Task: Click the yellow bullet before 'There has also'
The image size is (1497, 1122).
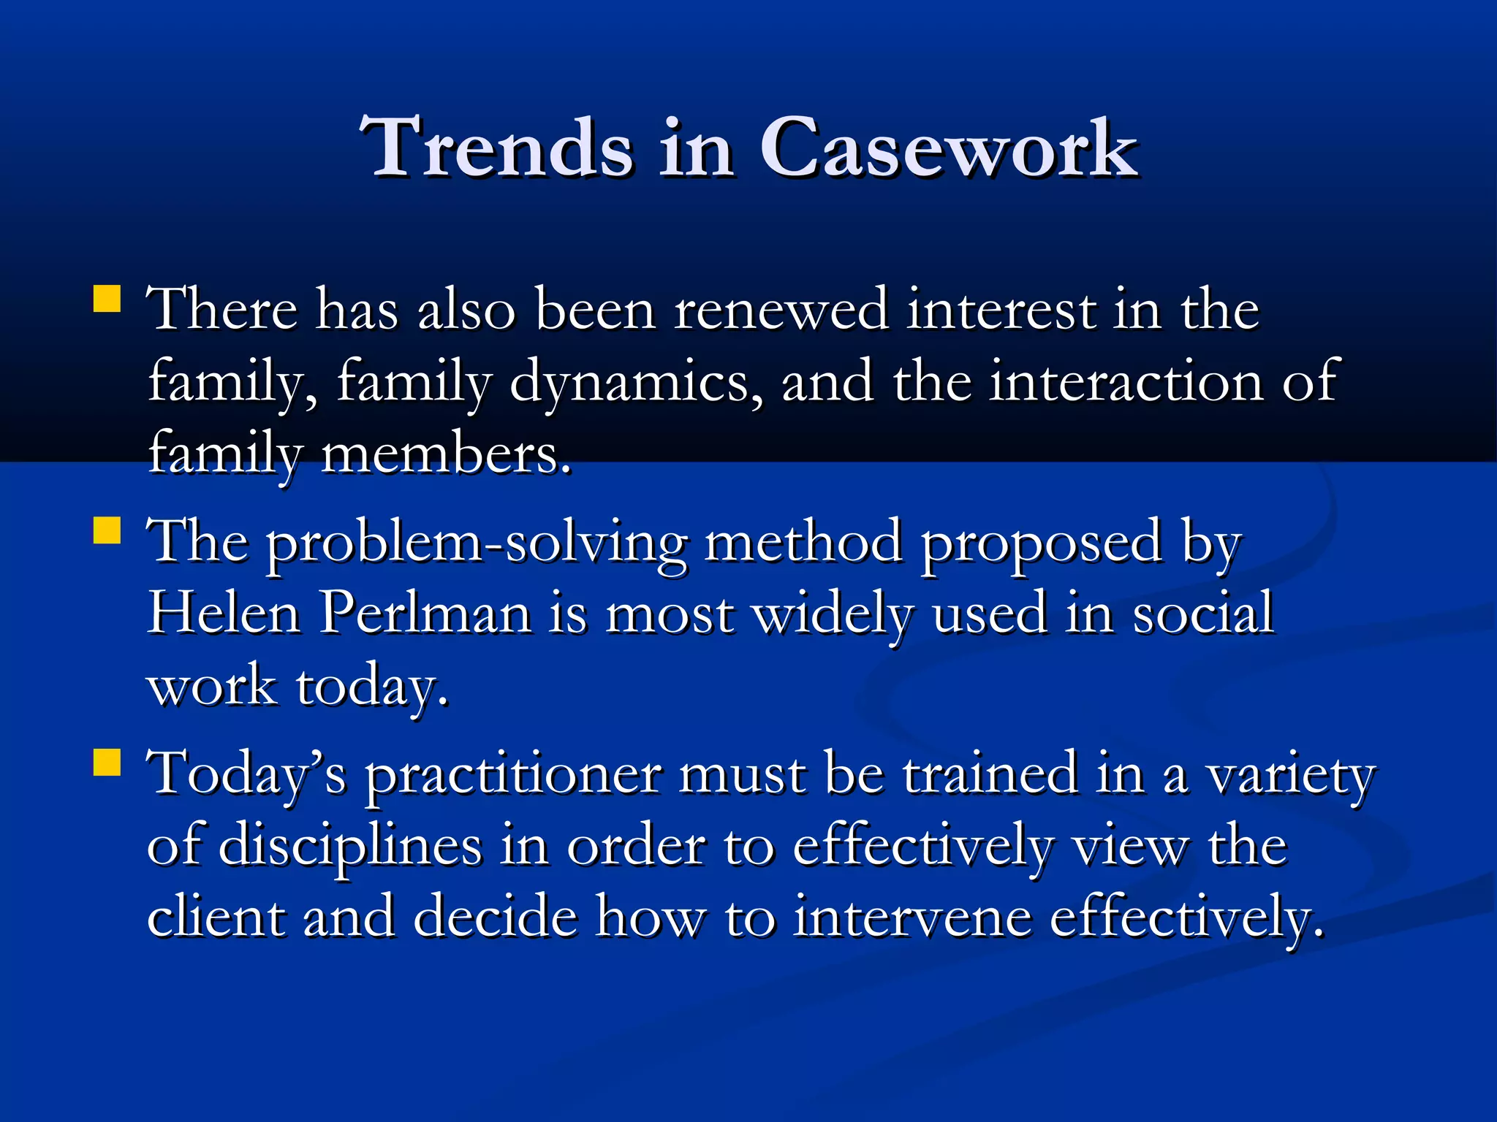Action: coord(107,299)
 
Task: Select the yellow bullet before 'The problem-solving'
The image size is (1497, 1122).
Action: coord(107,530)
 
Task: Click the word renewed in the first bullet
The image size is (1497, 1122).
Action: coord(780,310)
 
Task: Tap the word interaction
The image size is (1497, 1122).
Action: coord(1126,381)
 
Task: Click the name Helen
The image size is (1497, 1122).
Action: coord(224,614)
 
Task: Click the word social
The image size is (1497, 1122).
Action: coord(1203,614)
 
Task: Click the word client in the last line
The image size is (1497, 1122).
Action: coord(216,917)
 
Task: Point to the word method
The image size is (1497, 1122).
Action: coord(803,542)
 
